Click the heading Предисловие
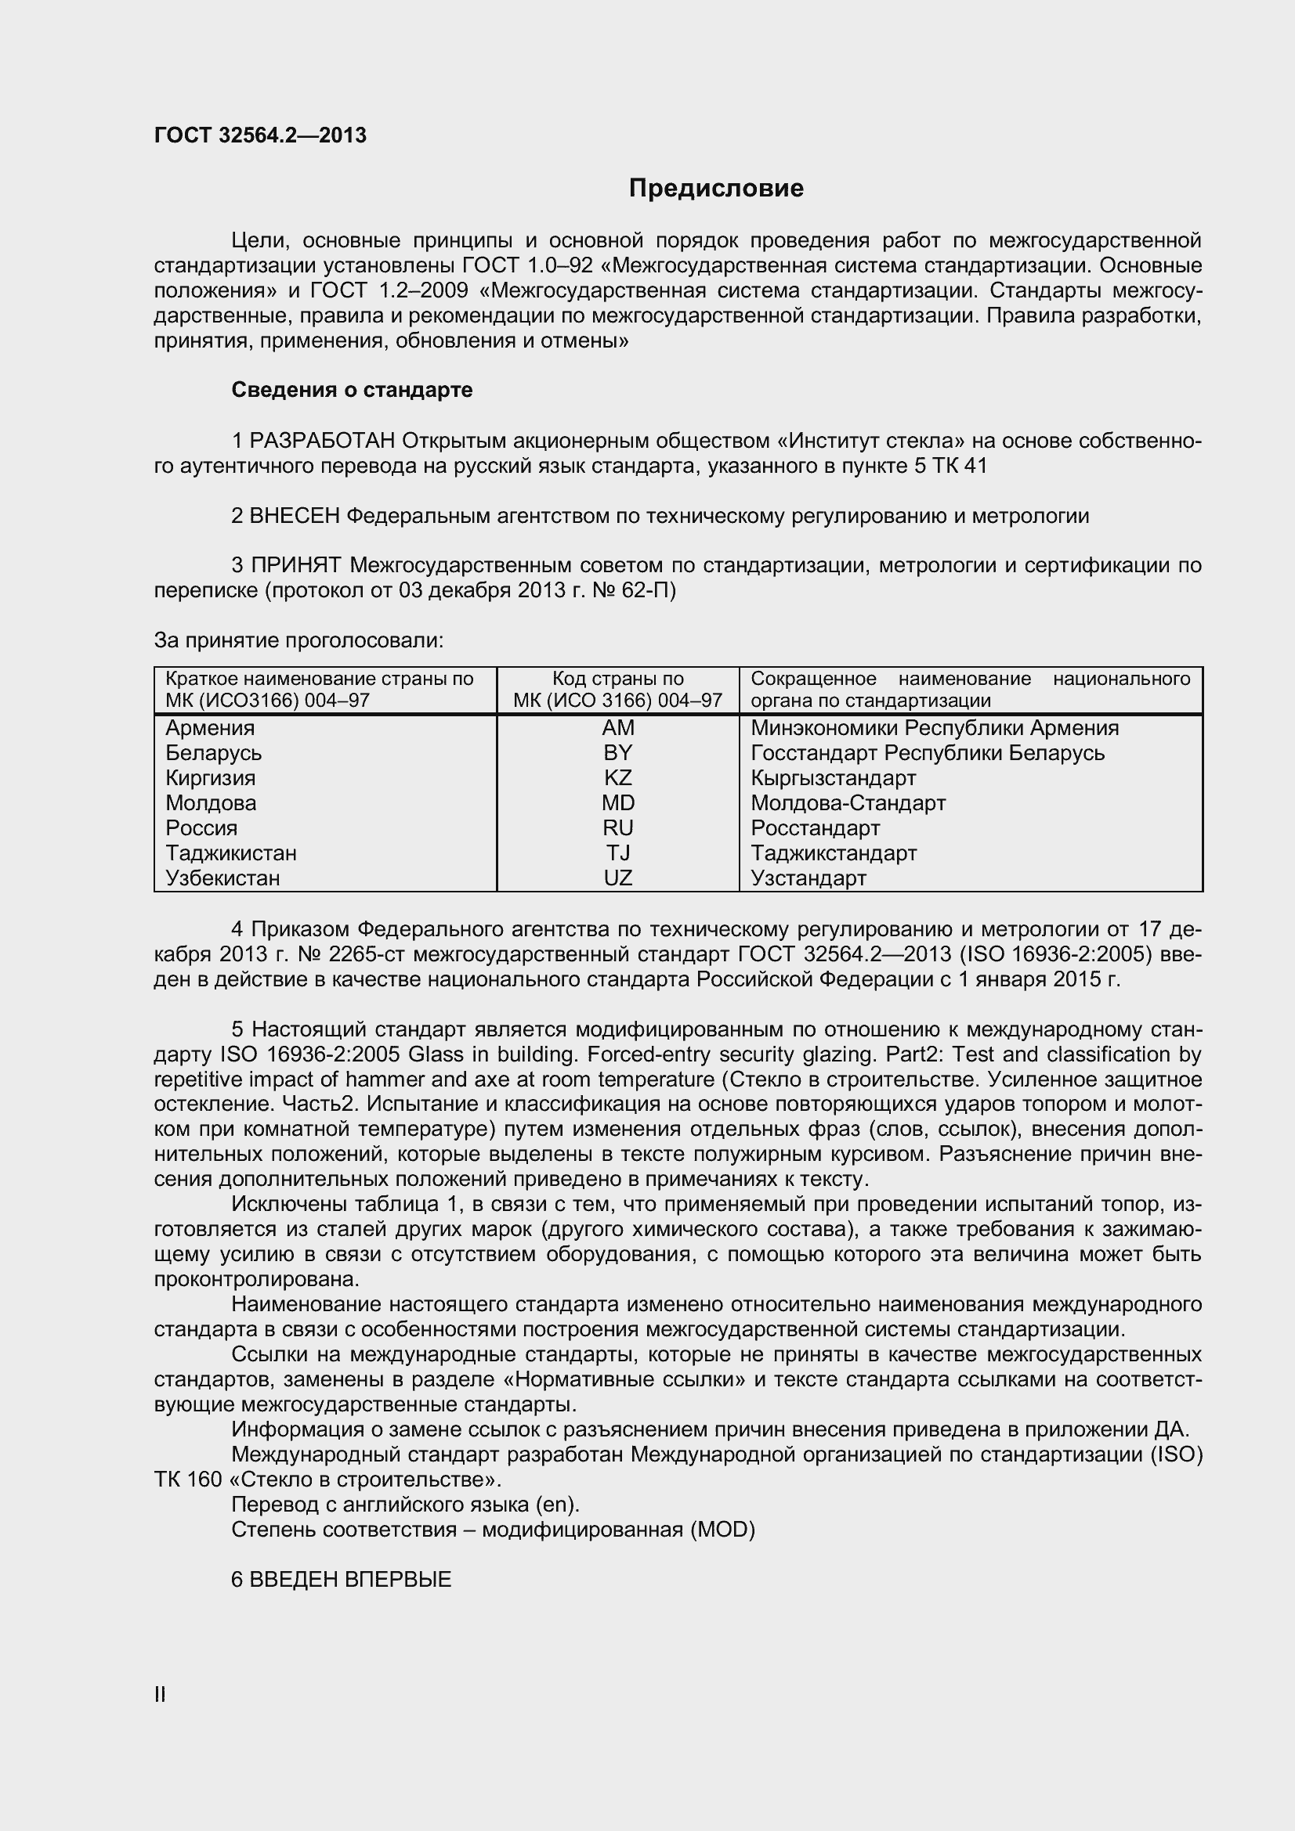pyautogui.click(x=716, y=188)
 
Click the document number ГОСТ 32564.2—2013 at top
pyautogui.click(x=260, y=135)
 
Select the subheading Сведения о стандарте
pyautogui.click(x=352, y=390)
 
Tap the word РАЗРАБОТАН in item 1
pyautogui.click(x=322, y=441)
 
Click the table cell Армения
pyautogui.click(x=210, y=728)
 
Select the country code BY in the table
pyautogui.click(x=617, y=753)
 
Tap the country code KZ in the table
pyautogui.click(x=617, y=777)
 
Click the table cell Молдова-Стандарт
pyautogui.click(x=848, y=803)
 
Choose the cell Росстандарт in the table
pyautogui.click(x=816, y=827)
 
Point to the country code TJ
pyautogui.click(x=617, y=853)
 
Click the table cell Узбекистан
pyautogui.click(x=222, y=878)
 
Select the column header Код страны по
pyautogui.click(x=617, y=679)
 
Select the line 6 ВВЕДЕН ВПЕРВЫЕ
pyautogui.click(x=341, y=1580)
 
